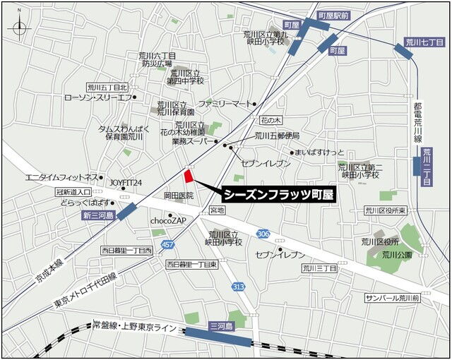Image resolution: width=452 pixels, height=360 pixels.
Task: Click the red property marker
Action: pos(189,176)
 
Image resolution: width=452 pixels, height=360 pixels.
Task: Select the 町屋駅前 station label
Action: pos(333,15)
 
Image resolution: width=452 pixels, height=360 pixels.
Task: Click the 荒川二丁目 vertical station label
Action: pos(426,167)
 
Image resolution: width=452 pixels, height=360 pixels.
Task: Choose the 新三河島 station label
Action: pos(95,215)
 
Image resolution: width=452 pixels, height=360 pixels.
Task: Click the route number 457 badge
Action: pos(167,244)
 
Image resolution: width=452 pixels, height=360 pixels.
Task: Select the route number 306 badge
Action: pos(263,234)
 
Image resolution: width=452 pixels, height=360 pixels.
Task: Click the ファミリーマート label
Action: pos(224,104)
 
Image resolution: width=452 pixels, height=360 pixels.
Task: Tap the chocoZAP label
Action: pos(167,220)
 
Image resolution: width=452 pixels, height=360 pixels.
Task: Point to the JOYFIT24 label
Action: pos(126,182)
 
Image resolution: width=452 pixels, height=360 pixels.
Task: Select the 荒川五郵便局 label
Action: pos(277,136)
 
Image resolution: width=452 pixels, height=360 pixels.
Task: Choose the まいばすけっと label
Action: pos(319,152)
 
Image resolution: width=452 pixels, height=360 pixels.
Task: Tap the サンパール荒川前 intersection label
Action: pos(392,299)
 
